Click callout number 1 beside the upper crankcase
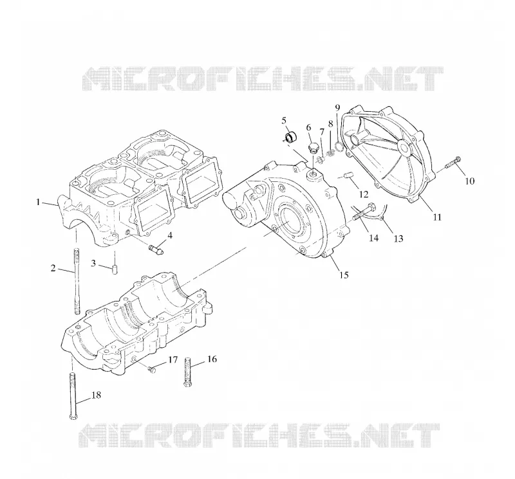(x=38, y=202)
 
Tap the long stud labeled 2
(x=77, y=281)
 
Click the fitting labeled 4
(x=156, y=249)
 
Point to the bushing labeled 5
(x=290, y=137)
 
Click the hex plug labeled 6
(x=314, y=149)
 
